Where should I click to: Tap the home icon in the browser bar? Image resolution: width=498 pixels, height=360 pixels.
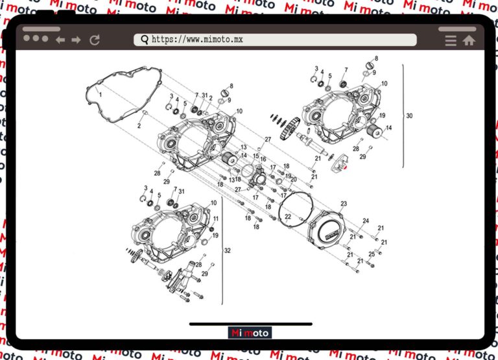click(469, 40)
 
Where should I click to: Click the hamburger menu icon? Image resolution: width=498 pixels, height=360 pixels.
click(451, 40)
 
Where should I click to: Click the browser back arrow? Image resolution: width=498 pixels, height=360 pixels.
click(60, 40)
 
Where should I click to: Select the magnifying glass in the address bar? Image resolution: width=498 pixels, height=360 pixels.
click(144, 40)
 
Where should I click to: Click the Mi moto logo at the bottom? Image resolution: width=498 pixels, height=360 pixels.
click(250, 333)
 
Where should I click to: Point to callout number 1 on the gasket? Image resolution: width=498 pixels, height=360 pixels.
click(101, 95)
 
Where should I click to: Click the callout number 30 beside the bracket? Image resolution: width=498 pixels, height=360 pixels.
click(409, 116)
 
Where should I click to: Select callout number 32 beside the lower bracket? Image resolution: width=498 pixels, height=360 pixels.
click(227, 250)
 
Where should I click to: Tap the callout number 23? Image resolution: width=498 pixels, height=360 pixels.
click(344, 204)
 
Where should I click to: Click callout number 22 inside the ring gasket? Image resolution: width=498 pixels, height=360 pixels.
click(288, 217)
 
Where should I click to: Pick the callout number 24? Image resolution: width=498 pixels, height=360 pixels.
click(366, 221)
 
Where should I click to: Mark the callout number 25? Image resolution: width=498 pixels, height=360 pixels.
click(372, 254)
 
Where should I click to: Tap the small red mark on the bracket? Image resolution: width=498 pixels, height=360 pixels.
click(344, 167)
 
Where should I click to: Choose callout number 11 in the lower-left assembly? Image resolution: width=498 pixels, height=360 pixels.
click(216, 219)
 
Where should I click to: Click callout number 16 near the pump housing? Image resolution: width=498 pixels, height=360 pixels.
click(263, 158)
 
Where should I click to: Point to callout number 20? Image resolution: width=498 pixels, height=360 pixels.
click(293, 180)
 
